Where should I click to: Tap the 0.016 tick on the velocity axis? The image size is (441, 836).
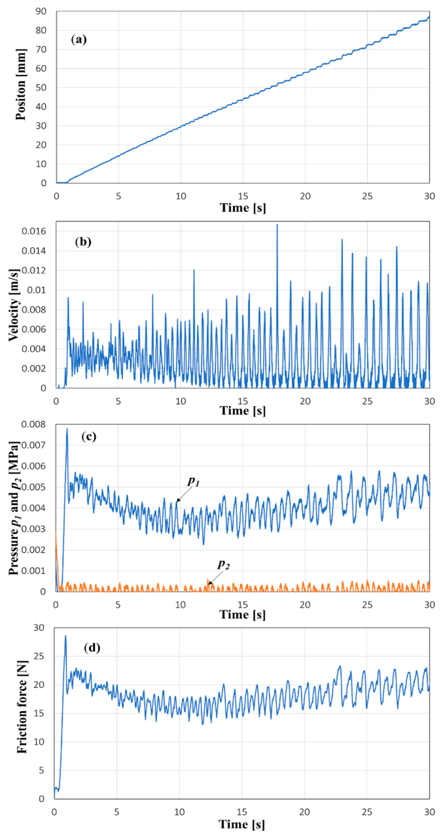tap(34, 231)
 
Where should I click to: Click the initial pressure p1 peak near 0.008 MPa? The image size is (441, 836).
tap(67, 429)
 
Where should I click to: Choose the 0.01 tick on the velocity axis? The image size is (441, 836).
tap(36, 290)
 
